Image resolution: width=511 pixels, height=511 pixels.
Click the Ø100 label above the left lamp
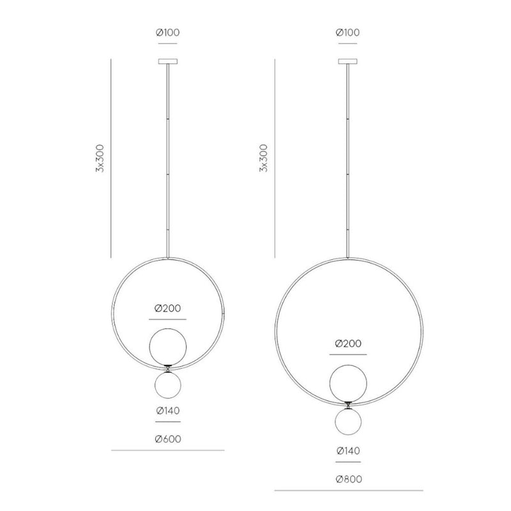coord(168,33)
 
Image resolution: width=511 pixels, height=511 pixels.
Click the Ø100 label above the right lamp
coord(347,33)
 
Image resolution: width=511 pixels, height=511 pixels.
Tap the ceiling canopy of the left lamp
coord(168,61)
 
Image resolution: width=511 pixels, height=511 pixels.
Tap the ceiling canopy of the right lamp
coord(347,61)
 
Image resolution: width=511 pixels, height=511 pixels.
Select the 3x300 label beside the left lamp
coord(100,158)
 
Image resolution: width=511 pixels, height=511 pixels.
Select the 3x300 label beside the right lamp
coord(263,158)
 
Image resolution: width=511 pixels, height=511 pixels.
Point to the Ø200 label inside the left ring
coord(168,309)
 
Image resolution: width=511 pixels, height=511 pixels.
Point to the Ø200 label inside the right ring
coord(348,344)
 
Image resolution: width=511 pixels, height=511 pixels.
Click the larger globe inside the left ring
coord(168,347)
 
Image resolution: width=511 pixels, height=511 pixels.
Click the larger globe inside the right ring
coord(348,383)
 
